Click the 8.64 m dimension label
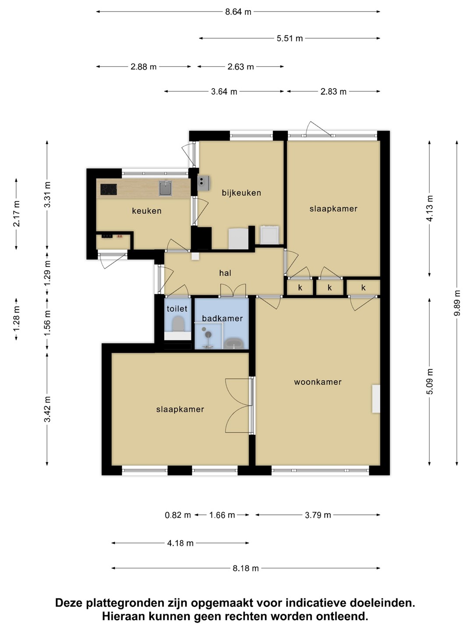(x=238, y=12)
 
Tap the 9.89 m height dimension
(x=457, y=303)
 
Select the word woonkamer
(x=318, y=382)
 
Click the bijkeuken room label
(x=241, y=193)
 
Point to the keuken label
(x=146, y=211)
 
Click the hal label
(x=225, y=273)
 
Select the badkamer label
(x=222, y=318)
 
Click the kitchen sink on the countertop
(x=166, y=188)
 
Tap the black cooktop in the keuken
(x=109, y=189)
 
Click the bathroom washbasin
(x=234, y=343)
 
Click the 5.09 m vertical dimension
(x=430, y=382)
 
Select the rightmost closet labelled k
(x=364, y=287)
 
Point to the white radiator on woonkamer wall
(x=376, y=399)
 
